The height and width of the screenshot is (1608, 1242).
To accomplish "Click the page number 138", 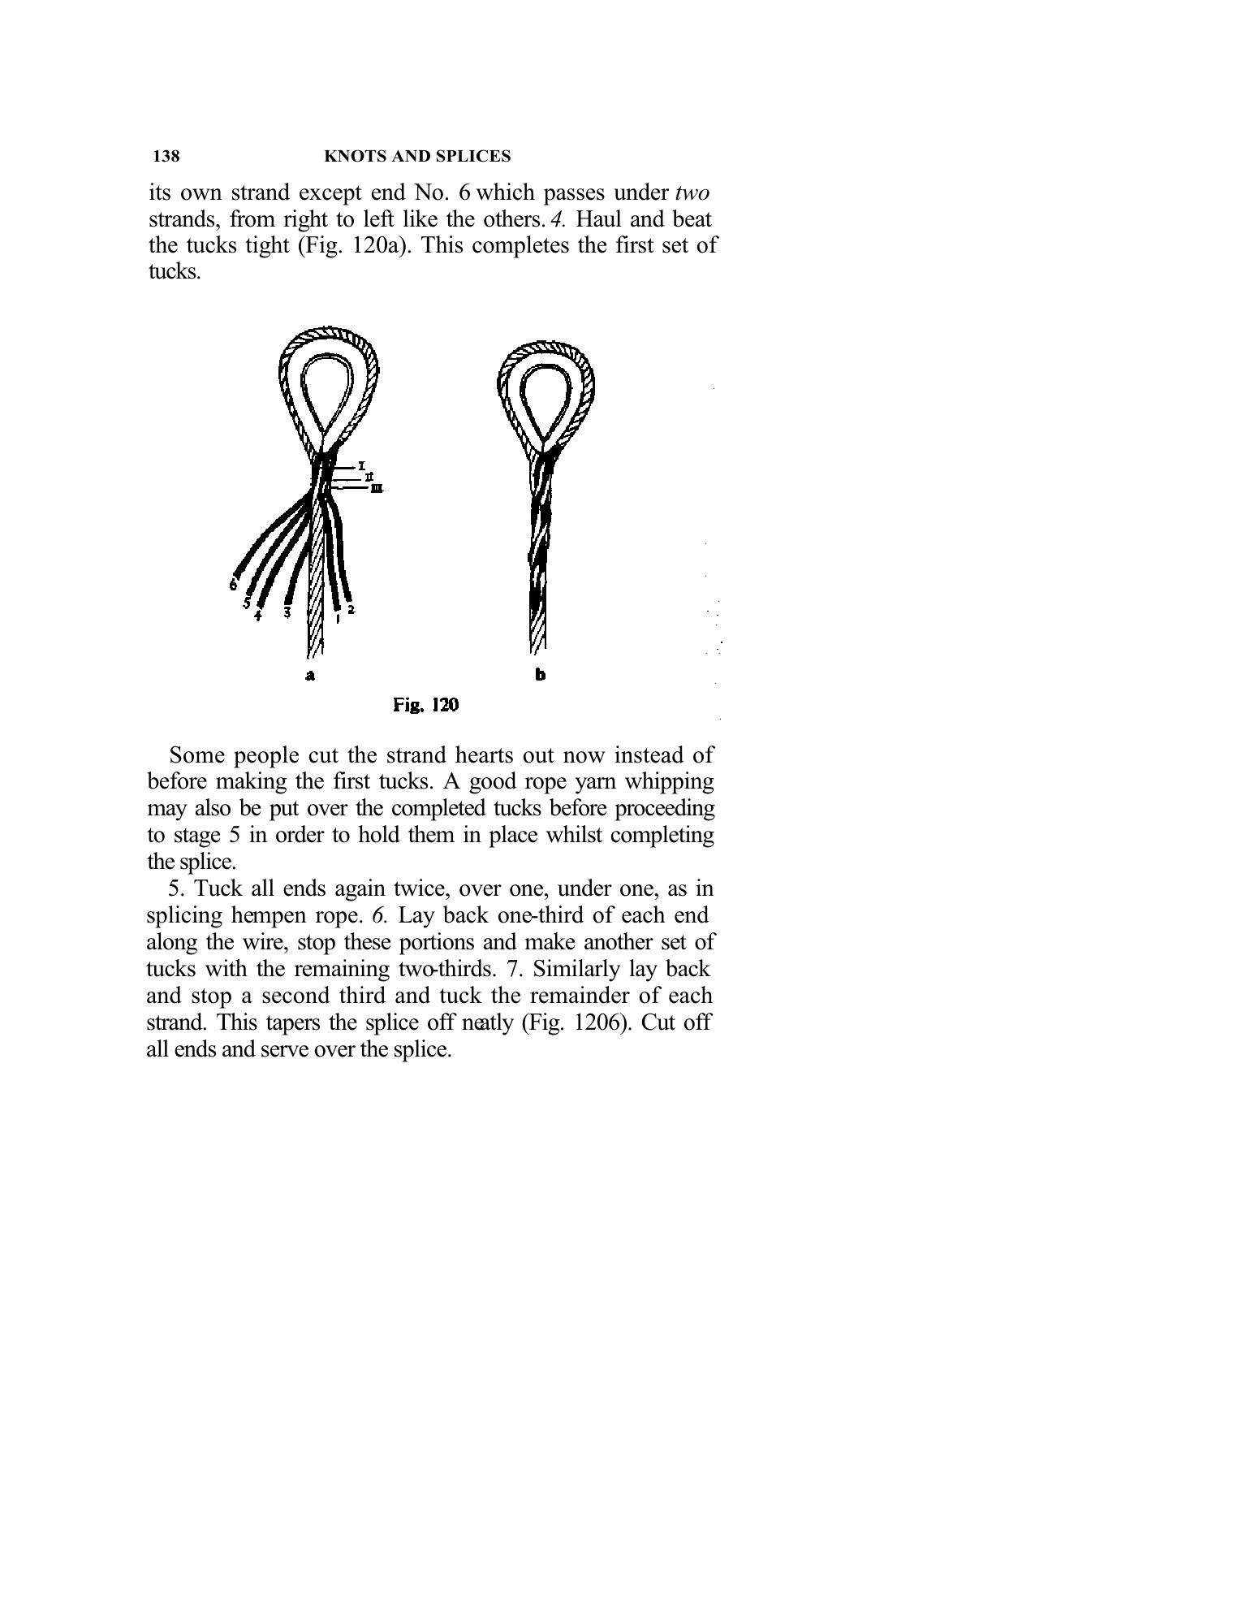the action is [x=166, y=156].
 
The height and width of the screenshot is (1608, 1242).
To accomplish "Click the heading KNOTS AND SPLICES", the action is [x=417, y=156].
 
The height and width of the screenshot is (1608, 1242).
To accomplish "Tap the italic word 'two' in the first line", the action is [x=692, y=193].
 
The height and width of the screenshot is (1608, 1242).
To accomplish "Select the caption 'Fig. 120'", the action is [x=425, y=705].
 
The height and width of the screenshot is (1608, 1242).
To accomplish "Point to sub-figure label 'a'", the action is [x=309, y=676].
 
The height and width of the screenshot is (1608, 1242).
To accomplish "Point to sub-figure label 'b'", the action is [x=541, y=675].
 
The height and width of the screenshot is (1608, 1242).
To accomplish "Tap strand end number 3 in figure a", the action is [x=287, y=612].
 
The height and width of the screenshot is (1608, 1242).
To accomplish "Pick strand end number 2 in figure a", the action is [x=351, y=609].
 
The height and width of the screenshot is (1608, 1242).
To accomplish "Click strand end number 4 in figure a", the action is [x=258, y=616].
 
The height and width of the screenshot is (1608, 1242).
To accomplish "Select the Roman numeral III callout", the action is [x=377, y=489].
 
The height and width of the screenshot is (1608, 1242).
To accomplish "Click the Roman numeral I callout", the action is [x=361, y=465].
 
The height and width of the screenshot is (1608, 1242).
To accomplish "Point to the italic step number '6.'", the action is [x=381, y=916].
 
